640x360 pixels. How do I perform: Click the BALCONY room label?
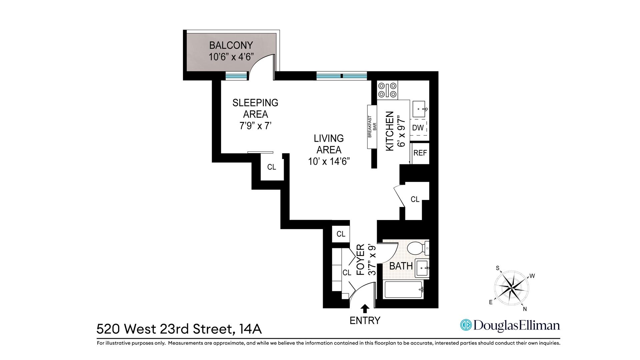click(231, 45)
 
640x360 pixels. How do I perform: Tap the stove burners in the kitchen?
click(387, 90)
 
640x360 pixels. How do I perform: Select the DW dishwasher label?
click(418, 128)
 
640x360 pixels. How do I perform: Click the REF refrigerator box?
click(420, 153)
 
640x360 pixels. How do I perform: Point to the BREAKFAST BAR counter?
click(372, 127)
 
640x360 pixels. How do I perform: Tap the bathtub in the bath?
click(404, 290)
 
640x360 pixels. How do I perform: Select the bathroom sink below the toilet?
click(422, 268)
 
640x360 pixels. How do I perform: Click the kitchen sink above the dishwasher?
click(419, 109)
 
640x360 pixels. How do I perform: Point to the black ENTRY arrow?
click(365, 308)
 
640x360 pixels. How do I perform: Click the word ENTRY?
click(365, 321)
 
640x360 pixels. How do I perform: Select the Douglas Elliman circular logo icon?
click(466, 325)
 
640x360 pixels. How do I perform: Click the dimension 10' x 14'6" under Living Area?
click(329, 162)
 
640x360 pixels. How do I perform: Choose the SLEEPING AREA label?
click(255, 108)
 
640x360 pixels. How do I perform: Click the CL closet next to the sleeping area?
click(272, 167)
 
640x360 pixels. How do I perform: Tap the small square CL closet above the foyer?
click(341, 234)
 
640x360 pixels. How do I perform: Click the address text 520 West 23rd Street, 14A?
click(179, 329)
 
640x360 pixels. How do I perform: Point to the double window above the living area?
click(341, 76)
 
